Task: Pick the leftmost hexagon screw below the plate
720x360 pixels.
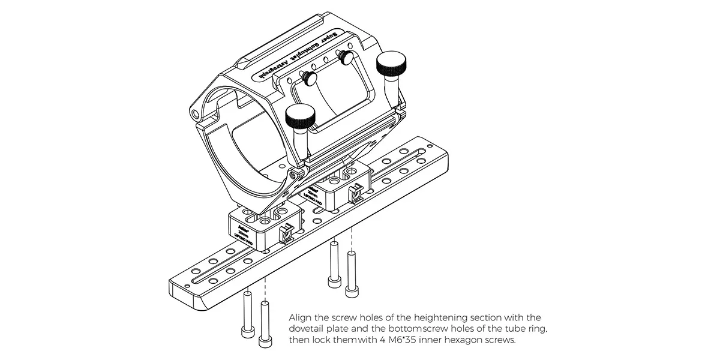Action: tap(247, 314)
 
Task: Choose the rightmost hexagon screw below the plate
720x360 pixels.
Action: tap(352, 272)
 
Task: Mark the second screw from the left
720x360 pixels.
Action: tap(263, 325)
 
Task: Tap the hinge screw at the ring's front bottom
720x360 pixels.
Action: tap(292, 175)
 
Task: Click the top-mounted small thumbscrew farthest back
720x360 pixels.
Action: tap(346, 57)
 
